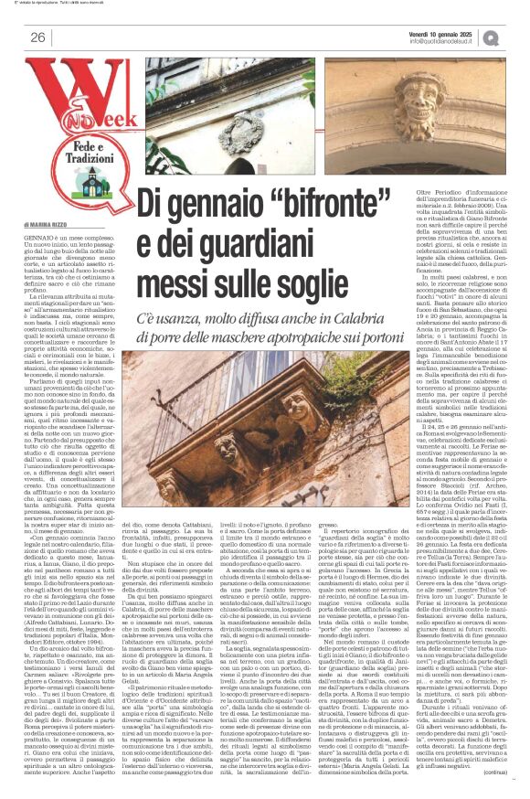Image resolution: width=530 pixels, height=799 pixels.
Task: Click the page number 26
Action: (x=37, y=37)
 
